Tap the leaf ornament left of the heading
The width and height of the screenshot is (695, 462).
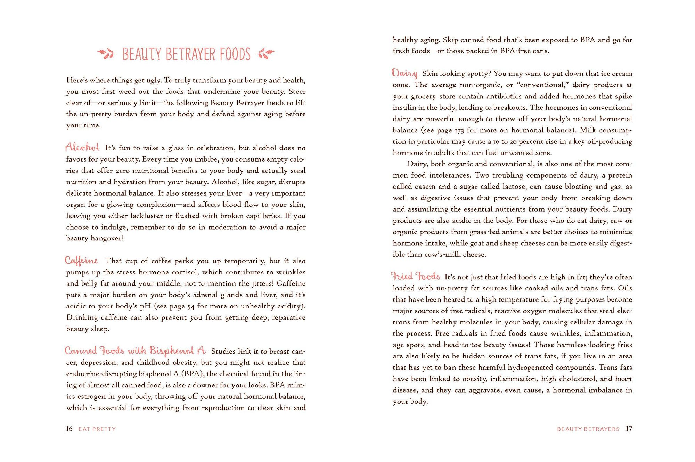click(x=106, y=53)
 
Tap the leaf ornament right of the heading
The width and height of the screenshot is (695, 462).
click(x=265, y=53)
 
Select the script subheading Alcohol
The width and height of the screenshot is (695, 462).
click(x=82, y=147)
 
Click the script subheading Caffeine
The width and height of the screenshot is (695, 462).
click(x=82, y=261)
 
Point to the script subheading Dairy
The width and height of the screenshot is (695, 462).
click(x=405, y=73)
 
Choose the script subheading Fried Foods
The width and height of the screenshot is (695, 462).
click(x=416, y=277)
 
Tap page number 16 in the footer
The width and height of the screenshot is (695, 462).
click(x=69, y=429)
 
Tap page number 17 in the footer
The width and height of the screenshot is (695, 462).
click(x=629, y=429)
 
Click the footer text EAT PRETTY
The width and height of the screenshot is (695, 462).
click(x=97, y=429)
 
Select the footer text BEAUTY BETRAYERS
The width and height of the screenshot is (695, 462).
click(x=588, y=429)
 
